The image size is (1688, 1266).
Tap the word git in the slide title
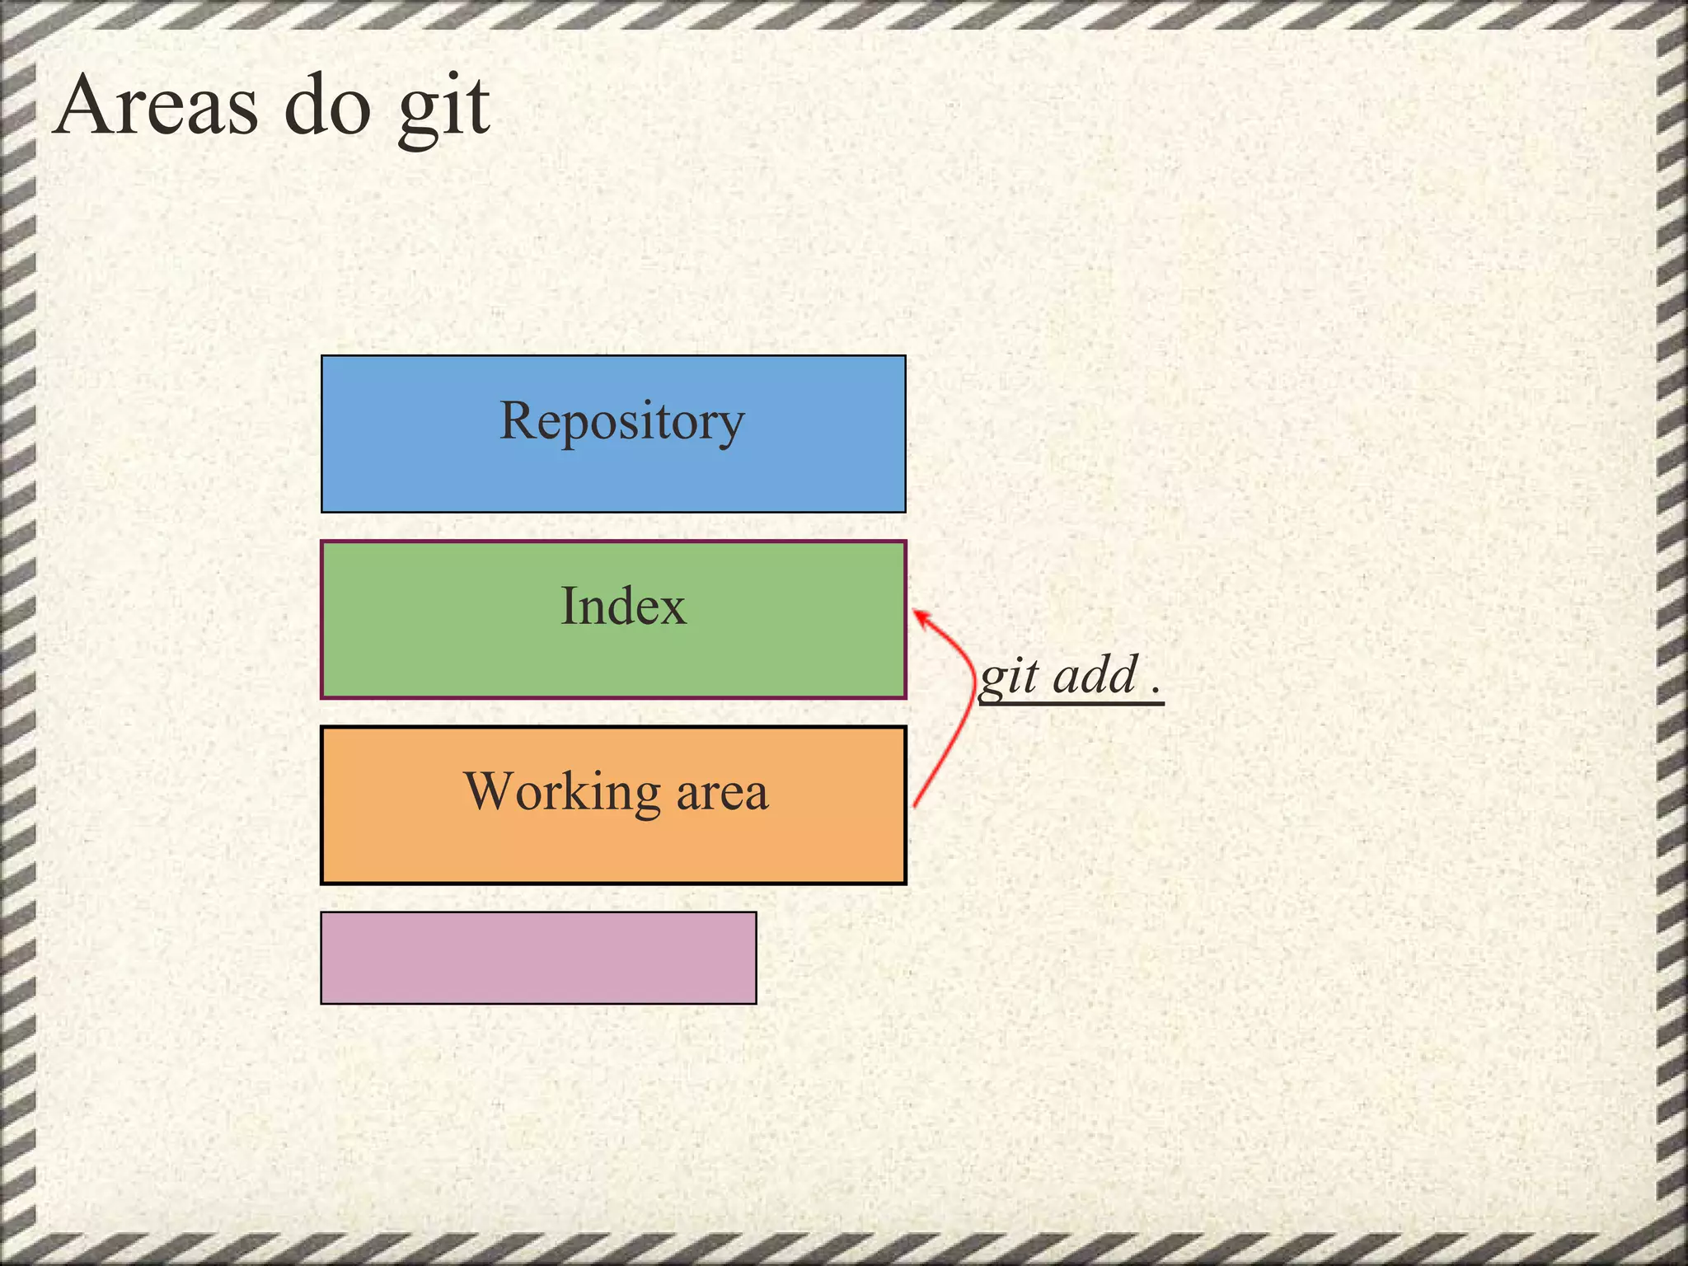pyautogui.click(x=444, y=107)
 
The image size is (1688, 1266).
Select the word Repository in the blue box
pyautogui.click(x=621, y=421)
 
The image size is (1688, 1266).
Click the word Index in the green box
pyautogui.click(x=622, y=607)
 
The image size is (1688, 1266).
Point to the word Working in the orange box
pyautogui.click(x=562, y=792)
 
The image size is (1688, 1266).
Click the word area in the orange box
pyautogui.click(x=722, y=792)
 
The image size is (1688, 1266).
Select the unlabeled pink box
pyautogui.click(x=538, y=958)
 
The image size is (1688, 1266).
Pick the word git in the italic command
pyautogui.click(x=1008, y=678)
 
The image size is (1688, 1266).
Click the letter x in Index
pyautogui.click(x=672, y=610)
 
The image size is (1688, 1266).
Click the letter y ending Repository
pyautogui.click(x=730, y=427)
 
